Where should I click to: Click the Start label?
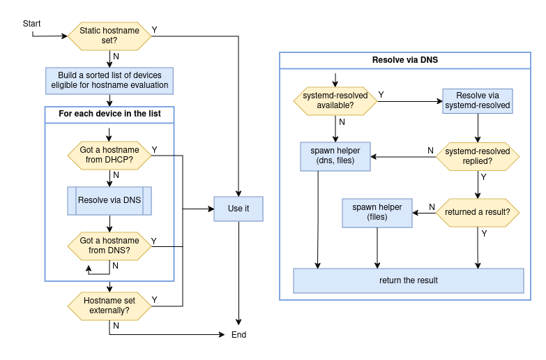click(31, 24)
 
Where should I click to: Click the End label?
click(238, 335)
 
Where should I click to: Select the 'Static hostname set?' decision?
click(109, 36)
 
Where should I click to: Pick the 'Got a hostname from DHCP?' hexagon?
click(109, 155)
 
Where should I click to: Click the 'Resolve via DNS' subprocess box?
click(109, 200)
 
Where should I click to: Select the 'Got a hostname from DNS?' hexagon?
click(109, 246)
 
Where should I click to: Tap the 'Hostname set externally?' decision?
click(109, 306)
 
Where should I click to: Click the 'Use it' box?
click(238, 209)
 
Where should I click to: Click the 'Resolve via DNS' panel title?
click(405, 61)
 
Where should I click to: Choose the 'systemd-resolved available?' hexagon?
click(335, 100)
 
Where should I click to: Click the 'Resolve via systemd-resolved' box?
click(478, 100)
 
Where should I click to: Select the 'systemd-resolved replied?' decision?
click(478, 156)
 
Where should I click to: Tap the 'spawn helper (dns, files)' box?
click(335, 156)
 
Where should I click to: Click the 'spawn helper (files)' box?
click(377, 212)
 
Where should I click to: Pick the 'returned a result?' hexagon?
click(478, 212)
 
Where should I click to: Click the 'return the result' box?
click(408, 280)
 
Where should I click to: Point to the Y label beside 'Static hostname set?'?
click(154, 30)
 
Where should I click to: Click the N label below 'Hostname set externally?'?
click(116, 325)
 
